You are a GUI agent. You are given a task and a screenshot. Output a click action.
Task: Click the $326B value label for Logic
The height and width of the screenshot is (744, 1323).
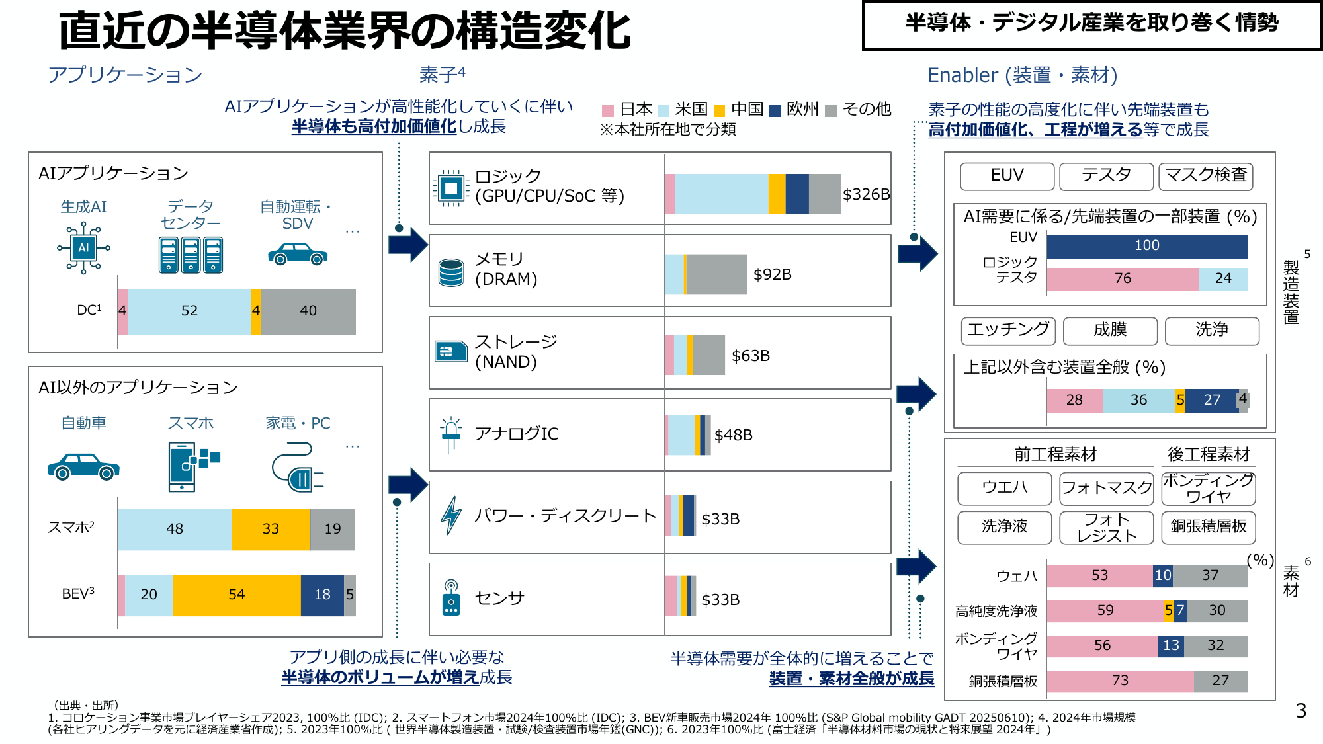866,194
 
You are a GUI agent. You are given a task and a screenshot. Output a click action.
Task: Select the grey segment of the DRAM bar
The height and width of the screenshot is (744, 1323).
716,274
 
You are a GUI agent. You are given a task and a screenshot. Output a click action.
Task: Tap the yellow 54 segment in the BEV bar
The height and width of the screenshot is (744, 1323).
237,595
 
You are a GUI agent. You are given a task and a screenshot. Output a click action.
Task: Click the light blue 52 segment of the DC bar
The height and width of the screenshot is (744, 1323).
189,311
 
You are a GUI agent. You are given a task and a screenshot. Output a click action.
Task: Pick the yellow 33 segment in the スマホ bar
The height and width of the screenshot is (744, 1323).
271,529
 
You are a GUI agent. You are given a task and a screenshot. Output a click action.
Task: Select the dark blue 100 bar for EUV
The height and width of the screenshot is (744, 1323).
1146,246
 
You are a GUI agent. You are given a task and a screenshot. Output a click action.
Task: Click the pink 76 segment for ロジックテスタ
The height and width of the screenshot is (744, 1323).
1123,279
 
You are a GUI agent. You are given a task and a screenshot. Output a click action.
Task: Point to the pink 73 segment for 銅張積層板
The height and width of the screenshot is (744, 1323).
1120,681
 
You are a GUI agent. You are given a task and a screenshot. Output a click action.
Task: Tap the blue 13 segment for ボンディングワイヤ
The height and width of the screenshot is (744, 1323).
1171,645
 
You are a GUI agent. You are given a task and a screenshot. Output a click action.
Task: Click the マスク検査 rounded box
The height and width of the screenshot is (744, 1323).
1205,176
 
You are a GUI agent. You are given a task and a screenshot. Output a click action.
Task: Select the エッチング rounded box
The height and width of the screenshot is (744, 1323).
1008,330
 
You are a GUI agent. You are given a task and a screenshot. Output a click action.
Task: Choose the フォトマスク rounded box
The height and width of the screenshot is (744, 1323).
1106,488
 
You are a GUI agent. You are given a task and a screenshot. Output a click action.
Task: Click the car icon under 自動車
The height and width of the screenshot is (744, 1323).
83,466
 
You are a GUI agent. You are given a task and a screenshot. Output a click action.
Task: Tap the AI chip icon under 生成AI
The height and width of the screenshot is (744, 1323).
83,248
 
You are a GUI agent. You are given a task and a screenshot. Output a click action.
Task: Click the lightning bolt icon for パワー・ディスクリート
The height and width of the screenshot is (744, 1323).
451,515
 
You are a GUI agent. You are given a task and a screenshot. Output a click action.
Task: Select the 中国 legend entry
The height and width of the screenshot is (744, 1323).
740,109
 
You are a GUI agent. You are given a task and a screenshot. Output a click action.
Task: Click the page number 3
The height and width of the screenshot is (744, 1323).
1301,711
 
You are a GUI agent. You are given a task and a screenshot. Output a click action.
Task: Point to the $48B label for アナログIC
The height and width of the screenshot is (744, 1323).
733,435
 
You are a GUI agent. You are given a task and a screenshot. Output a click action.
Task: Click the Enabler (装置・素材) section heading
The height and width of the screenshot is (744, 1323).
1022,75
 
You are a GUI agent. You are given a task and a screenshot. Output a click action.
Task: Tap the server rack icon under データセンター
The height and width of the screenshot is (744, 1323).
191,255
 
